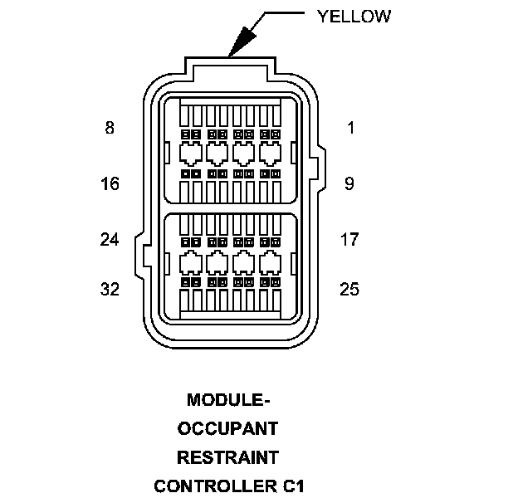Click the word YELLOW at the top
tap(354, 17)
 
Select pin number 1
tap(350, 128)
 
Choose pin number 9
tap(349, 183)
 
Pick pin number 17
tap(349, 239)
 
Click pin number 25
tap(349, 289)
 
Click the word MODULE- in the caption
tap(228, 400)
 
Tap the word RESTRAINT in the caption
tap(228, 456)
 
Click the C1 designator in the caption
tap(291, 485)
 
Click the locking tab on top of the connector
tap(228, 66)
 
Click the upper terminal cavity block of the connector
tap(229, 149)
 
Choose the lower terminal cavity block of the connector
tap(229, 265)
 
